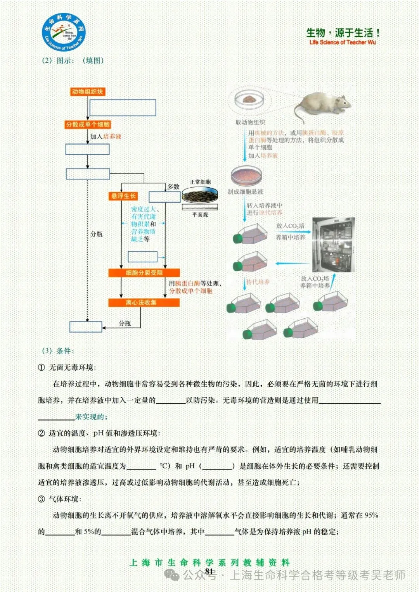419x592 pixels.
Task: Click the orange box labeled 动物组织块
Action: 87,91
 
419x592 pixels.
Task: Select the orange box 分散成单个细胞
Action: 88,124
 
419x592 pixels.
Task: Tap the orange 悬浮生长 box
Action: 123,196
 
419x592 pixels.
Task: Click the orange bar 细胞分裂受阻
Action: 144,273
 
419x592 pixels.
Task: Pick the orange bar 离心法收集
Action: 144,302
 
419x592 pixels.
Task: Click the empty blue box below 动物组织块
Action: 123,107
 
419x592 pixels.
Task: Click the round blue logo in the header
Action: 64,33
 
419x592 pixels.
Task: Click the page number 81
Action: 209,571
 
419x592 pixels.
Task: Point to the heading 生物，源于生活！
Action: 343,33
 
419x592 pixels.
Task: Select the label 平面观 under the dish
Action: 200,214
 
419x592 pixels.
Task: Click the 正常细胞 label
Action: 200,182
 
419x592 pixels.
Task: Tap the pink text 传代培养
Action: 258,282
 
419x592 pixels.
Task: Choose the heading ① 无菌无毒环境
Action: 67,367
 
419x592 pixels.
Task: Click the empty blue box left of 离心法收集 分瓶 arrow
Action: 86,327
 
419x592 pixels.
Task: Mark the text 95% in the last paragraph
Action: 371,515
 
